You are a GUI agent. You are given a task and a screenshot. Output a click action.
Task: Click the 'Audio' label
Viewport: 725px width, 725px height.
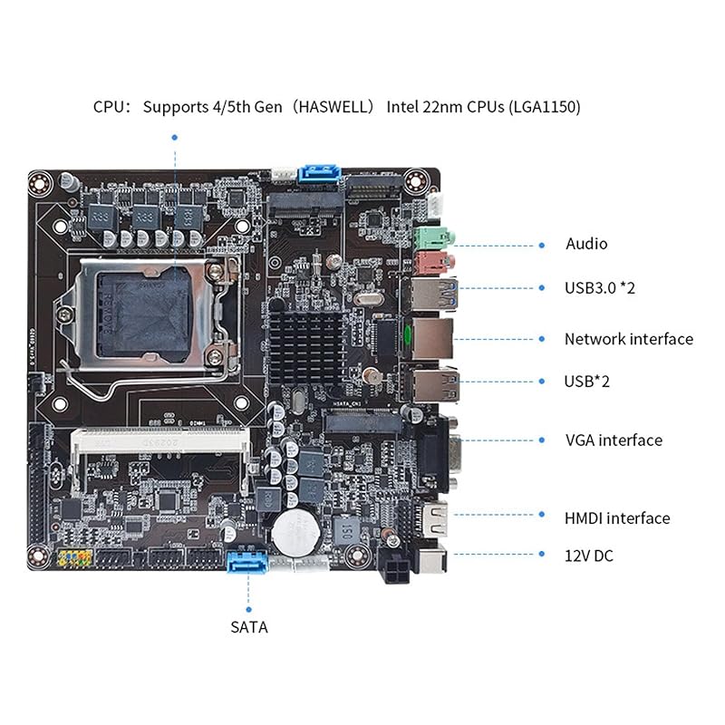tap(586, 244)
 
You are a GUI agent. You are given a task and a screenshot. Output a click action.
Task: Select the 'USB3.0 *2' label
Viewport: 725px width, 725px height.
tap(599, 288)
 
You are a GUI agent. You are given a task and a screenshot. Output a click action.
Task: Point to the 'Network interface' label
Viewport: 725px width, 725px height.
tap(628, 339)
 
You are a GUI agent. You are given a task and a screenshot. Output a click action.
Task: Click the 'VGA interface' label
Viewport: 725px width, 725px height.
tap(613, 440)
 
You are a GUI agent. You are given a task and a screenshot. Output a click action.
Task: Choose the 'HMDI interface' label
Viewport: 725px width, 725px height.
tap(616, 518)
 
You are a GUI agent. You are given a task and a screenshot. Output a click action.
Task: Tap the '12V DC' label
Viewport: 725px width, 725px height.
tap(588, 556)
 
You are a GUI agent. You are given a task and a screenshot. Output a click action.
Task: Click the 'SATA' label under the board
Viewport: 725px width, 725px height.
tap(248, 626)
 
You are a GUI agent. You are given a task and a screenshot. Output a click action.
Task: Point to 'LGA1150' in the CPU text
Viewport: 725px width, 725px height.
tap(542, 107)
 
